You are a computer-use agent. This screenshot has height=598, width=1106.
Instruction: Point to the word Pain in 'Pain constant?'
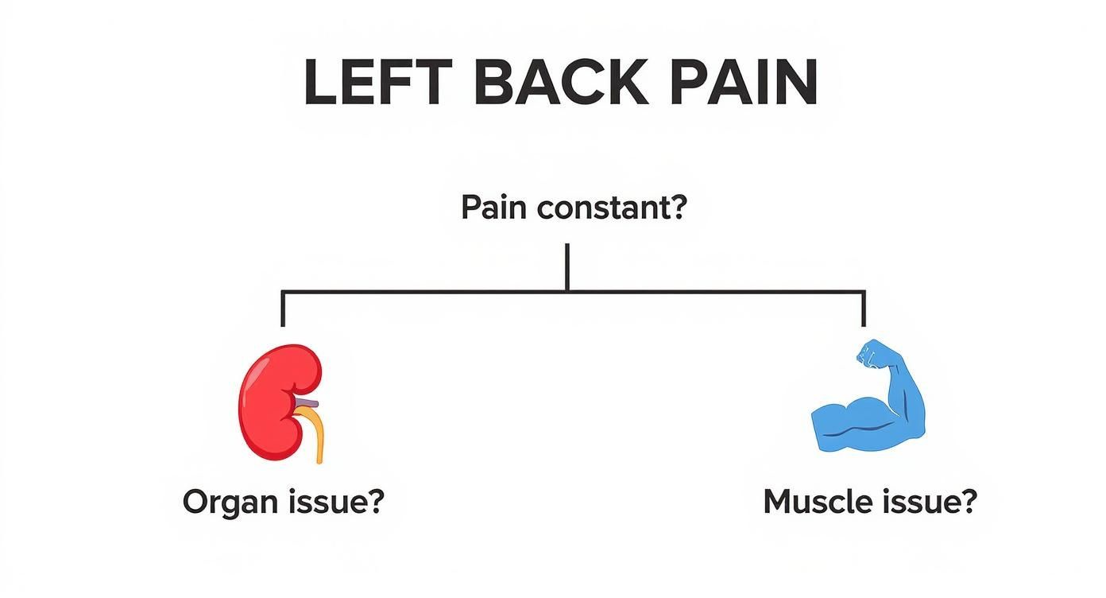(x=495, y=209)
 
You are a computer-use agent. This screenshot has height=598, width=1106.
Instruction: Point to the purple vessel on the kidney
(x=311, y=404)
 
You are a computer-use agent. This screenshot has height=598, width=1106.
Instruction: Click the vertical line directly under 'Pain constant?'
(x=567, y=266)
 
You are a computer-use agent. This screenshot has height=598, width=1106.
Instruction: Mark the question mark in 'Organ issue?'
(x=375, y=502)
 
